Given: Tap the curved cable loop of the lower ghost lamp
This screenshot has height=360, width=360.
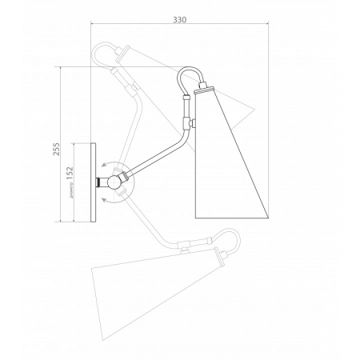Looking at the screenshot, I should tap(232, 240).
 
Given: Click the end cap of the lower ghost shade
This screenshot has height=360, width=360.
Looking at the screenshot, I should tap(217, 256).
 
